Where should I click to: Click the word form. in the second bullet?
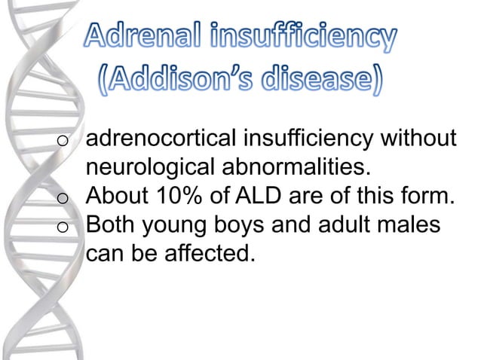[x=431, y=197]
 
